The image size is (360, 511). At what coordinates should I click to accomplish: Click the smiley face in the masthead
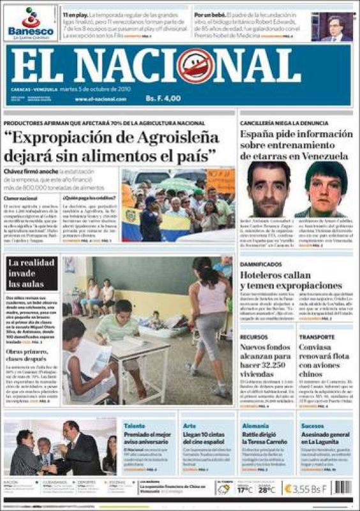tap(196, 66)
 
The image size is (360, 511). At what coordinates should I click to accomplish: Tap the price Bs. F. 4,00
tap(163, 98)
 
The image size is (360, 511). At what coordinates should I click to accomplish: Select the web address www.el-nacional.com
tap(101, 99)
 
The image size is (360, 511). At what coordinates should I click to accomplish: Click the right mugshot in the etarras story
tap(326, 189)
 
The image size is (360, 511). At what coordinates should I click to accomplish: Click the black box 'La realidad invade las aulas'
tap(31, 273)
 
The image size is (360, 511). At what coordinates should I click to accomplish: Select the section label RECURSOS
tap(253, 336)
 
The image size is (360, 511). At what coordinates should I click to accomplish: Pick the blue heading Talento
tap(134, 425)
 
